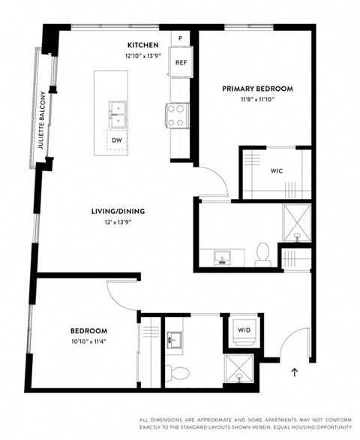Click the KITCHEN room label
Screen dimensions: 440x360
tap(142, 45)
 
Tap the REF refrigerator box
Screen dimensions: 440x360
tap(181, 62)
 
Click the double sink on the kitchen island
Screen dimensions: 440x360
tap(117, 114)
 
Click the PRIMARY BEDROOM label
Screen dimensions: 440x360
tap(257, 89)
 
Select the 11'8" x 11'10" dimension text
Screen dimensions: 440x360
tap(256, 99)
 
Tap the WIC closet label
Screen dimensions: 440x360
tap(276, 170)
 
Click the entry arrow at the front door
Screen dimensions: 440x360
tap(294, 370)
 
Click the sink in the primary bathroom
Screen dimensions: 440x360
tap(223, 258)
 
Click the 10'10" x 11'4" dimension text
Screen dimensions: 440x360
tap(89, 342)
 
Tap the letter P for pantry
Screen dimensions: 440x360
tap(181, 38)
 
